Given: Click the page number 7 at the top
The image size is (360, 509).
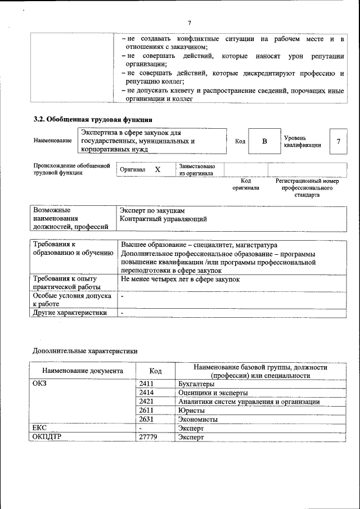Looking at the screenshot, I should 190,22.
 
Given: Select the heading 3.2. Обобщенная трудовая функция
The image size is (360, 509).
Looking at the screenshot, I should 93,119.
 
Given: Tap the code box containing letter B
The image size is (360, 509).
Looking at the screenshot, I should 264,141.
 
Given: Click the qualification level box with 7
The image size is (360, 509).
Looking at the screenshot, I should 338,141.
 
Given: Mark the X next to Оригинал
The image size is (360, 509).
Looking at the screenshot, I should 157,169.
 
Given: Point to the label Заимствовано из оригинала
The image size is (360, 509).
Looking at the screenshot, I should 196,170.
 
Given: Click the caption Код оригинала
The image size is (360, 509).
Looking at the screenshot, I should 246,184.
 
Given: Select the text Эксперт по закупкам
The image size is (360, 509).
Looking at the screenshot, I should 152,210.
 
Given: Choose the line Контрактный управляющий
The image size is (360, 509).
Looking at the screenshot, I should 164,218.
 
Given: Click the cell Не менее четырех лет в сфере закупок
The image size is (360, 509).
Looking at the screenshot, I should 181,279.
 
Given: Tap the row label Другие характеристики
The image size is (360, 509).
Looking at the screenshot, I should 70,313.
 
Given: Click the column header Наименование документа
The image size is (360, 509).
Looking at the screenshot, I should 83,371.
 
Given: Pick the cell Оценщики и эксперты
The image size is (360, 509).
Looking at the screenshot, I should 213,393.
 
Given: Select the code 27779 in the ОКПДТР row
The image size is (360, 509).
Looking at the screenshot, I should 148,437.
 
